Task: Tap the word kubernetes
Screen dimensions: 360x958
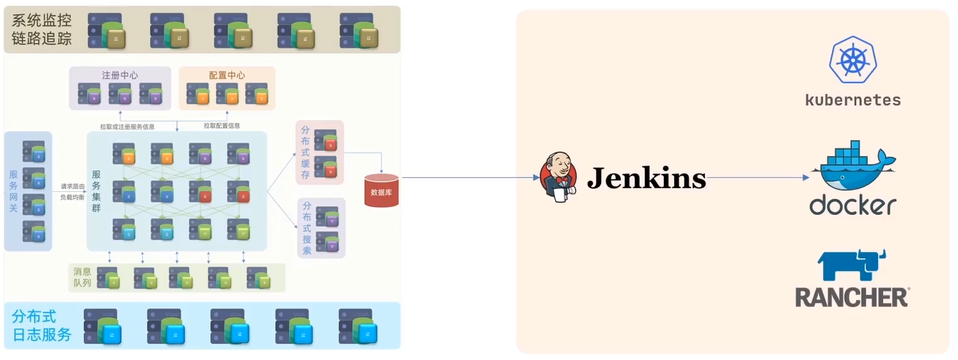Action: [x=852, y=100]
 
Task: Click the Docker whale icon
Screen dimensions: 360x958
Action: [x=853, y=168]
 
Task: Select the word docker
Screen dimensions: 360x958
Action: [x=852, y=205]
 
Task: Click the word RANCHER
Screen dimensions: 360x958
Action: [x=852, y=297]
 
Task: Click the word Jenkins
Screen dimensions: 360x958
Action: [x=646, y=178]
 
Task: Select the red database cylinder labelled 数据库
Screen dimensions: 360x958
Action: [x=381, y=191]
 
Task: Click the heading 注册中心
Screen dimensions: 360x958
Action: [x=120, y=75]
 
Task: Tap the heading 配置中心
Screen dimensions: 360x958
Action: [x=226, y=75]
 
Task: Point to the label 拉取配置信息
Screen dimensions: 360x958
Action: [x=222, y=126]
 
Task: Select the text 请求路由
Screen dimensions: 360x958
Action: [x=72, y=187]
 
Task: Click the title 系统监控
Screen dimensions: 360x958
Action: [x=42, y=20]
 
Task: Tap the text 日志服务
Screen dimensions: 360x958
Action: [x=42, y=334]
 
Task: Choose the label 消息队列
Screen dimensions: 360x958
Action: [x=82, y=277]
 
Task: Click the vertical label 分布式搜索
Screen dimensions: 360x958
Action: [x=307, y=228]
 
